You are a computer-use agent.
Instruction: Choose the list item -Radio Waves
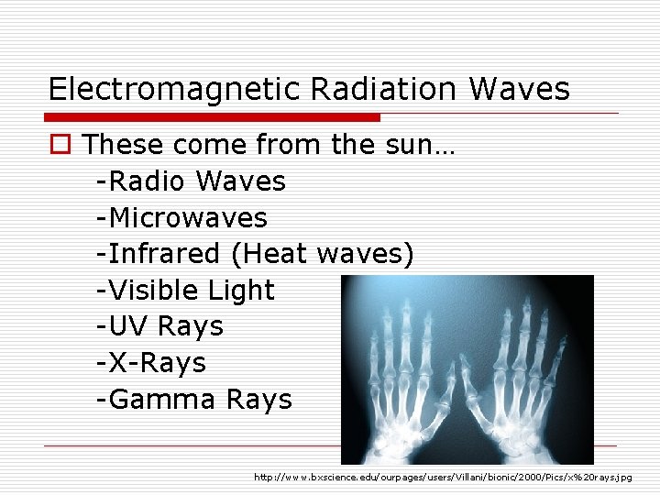tap(191, 181)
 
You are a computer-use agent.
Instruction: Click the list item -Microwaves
tap(181, 218)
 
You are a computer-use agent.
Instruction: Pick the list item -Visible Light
tap(185, 291)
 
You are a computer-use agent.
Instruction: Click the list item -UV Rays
tap(159, 326)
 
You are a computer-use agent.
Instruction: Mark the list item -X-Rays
tap(151, 363)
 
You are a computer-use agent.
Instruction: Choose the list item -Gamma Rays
tap(193, 400)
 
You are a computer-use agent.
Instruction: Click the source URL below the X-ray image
tap(443, 478)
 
